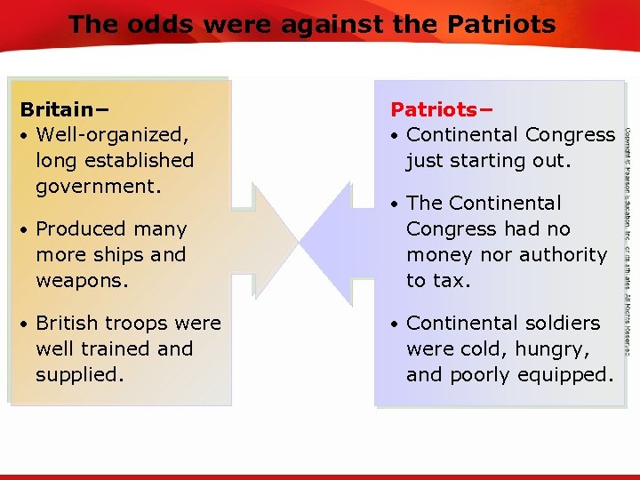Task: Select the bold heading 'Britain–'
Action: click(64, 109)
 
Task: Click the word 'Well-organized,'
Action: click(111, 135)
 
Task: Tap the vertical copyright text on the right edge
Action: click(627, 240)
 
